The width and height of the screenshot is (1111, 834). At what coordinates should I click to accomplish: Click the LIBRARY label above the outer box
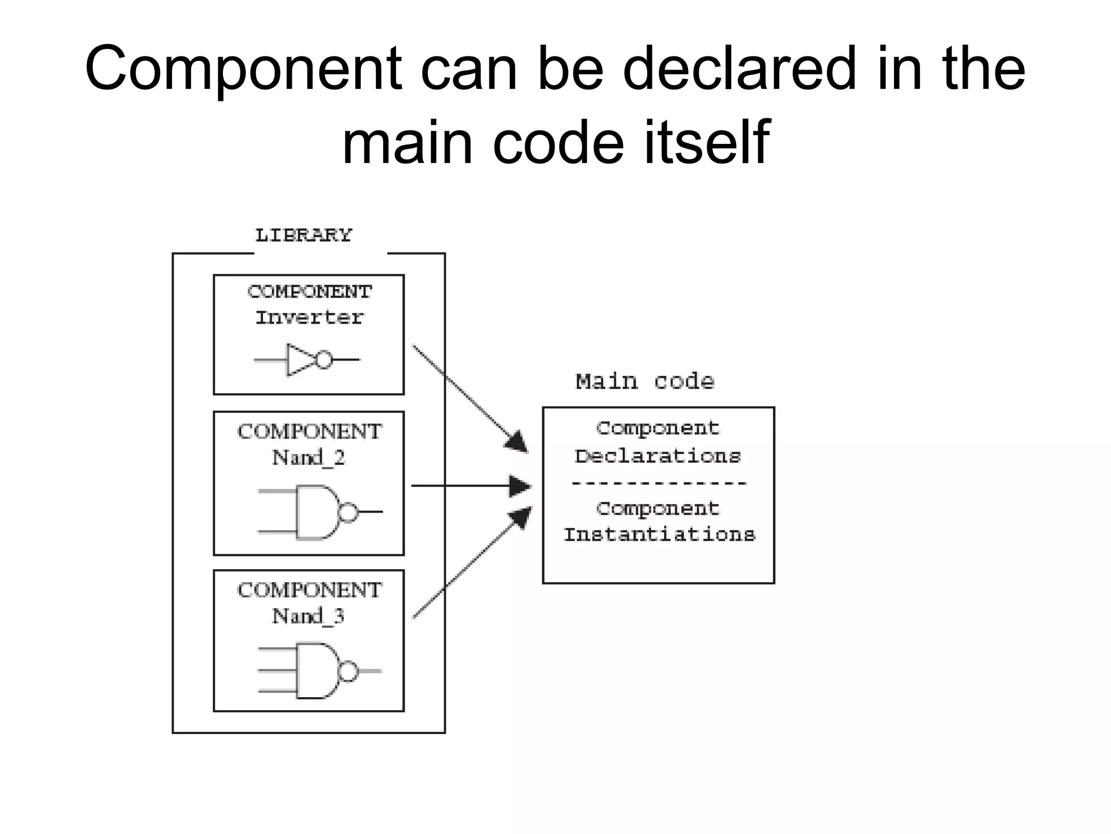pyautogui.click(x=303, y=235)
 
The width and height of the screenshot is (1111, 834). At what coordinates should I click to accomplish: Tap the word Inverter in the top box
pyautogui.click(x=309, y=318)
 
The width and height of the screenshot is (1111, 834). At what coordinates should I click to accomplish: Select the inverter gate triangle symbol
pyautogui.click(x=300, y=359)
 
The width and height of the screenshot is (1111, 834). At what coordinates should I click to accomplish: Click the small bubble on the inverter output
pyautogui.click(x=324, y=359)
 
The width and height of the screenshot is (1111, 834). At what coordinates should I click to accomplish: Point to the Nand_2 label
pyautogui.click(x=308, y=458)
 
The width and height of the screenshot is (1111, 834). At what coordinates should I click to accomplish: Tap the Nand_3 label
pyautogui.click(x=308, y=616)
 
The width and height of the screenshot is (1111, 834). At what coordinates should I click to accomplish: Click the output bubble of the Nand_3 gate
pyautogui.click(x=348, y=672)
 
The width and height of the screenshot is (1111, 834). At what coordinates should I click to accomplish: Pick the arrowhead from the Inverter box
pyautogui.click(x=517, y=442)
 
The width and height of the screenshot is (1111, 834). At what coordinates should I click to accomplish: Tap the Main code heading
pyautogui.click(x=644, y=382)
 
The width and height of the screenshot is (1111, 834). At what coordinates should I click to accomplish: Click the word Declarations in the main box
pyautogui.click(x=657, y=456)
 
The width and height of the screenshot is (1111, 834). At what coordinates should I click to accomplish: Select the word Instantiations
pyautogui.click(x=659, y=535)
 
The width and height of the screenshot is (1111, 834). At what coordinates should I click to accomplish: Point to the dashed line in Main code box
pyautogui.click(x=659, y=483)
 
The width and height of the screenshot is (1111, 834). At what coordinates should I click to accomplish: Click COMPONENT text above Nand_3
pyautogui.click(x=310, y=590)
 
